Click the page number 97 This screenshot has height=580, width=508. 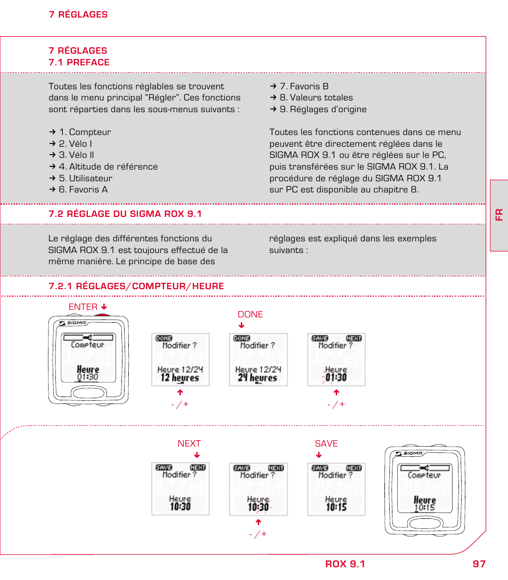pyautogui.click(x=479, y=564)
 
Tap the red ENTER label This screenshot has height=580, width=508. pyautogui.click(x=83, y=307)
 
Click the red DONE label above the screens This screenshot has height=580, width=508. pyautogui.click(x=250, y=314)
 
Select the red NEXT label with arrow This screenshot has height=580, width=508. pyautogui.click(x=189, y=443)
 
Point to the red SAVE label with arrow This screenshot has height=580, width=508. pyautogui.click(x=326, y=443)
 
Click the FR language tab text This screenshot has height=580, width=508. pyautogui.click(x=499, y=214)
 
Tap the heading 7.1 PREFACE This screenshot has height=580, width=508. pyautogui.click(x=79, y=62)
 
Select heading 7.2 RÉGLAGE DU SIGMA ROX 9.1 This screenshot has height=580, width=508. pyautogui.click(x=125, y=214)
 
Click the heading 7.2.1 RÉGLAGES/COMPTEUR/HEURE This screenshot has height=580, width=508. pyautogui.click(x=136, y=286)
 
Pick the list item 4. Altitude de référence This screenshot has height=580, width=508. pyautogui.click(x=108, y=166)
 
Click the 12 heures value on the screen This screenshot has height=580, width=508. pyautogui.click(x=180, y=378)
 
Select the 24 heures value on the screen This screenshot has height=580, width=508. pyautogui.click(x=258, y=378)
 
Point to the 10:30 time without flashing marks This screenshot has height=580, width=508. pyautogui.click(x=181, y=507)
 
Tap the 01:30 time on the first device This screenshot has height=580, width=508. pyautogui.click(x=88, y=377)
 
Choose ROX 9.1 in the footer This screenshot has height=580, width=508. pyautogui.click(x=345, y=564)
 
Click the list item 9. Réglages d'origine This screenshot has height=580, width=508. pyautogui.click(x=323, y=109)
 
